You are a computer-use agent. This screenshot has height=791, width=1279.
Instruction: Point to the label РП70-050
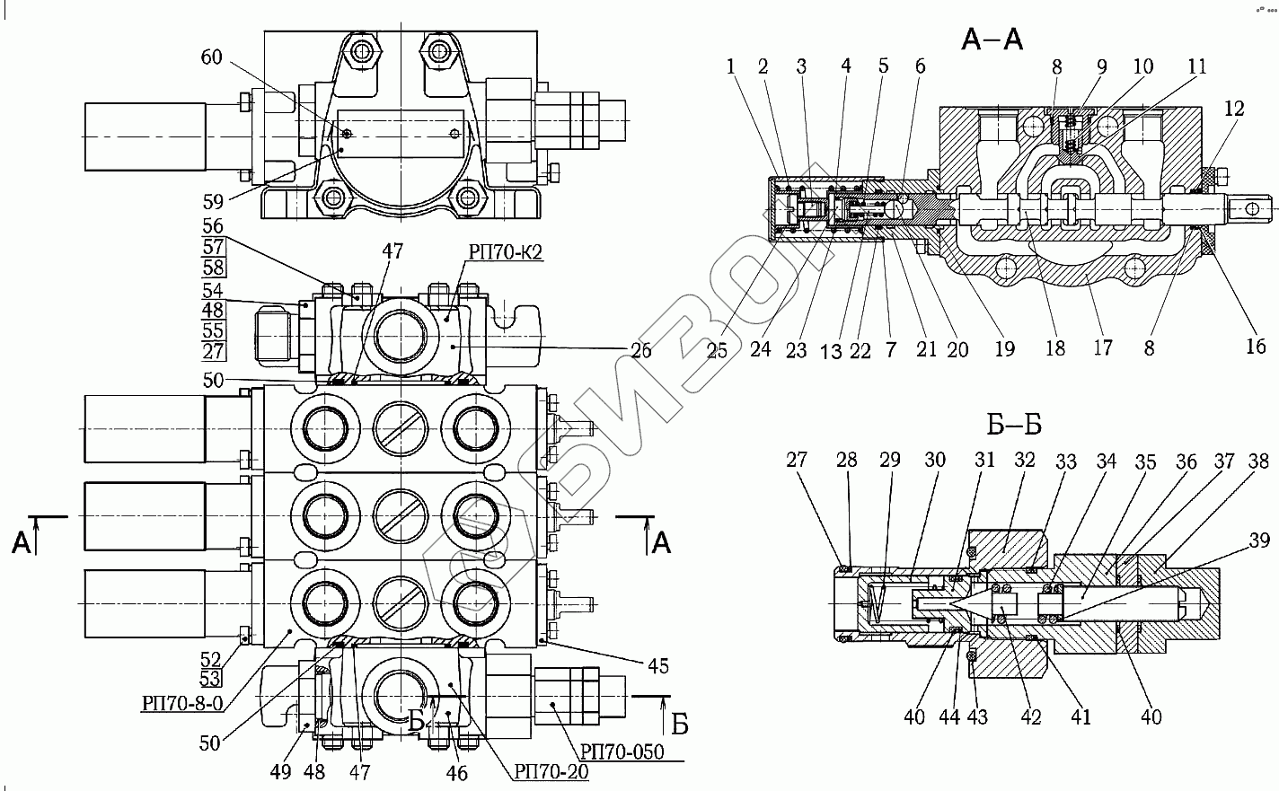pos(622,751)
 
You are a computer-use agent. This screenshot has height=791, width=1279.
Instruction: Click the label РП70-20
pos(551,770)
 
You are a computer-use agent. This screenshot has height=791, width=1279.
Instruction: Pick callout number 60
pos(211,57)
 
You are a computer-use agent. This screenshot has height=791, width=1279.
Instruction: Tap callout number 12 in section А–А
pos(1234,109)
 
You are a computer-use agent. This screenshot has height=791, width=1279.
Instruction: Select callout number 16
pos(1255,346)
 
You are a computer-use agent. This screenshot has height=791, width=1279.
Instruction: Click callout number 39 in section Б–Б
pos(1259,540)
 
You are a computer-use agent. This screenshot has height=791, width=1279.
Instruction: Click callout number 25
pos(716,349)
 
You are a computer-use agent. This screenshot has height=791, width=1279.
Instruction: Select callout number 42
pos(1030,716)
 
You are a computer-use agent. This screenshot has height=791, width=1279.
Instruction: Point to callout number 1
pos(730,66)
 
